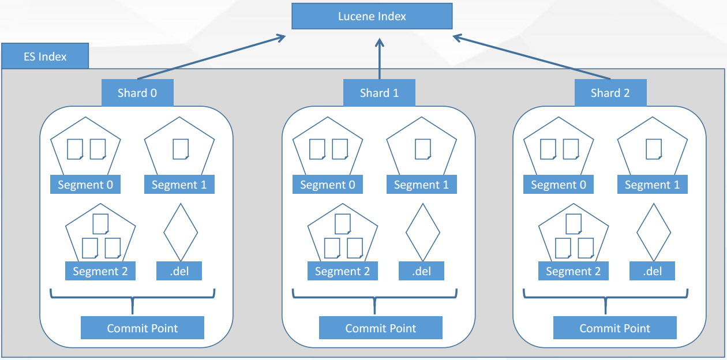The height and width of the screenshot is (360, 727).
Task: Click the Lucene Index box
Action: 372,16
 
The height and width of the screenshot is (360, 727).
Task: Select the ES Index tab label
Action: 45,57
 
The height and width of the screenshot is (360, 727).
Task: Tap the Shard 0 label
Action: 137,93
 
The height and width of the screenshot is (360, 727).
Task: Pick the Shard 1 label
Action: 379,93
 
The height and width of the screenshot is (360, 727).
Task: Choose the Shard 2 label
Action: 610,93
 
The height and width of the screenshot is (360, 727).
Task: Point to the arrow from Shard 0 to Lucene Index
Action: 211,57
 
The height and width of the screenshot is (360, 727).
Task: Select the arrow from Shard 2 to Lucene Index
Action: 531,57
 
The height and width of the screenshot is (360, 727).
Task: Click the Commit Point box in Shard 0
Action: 143,328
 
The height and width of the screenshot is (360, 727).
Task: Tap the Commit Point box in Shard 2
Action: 614,328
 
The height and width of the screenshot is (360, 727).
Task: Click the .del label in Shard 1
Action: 422,271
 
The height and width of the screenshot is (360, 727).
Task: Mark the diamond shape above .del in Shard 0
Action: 181,232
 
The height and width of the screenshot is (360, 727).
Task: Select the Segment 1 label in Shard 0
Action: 179,185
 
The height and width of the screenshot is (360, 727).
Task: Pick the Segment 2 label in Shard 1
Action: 342,271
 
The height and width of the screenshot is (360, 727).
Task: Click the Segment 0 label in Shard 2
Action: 558,185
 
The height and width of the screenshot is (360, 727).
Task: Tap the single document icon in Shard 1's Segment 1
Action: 423,149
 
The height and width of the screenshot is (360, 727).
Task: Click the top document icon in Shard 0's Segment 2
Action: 100,224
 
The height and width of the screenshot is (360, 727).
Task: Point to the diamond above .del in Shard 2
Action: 654,232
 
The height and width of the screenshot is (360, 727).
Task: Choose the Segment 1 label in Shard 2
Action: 652,185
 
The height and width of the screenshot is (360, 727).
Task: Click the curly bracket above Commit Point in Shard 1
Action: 375,298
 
